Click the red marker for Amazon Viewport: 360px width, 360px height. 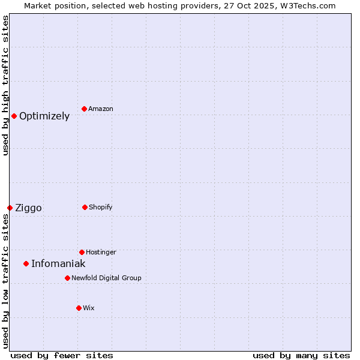[x=84, y=109]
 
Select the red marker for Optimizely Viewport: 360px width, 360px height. [x=14, y=116]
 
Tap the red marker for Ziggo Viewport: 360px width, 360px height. [x=10, y=208]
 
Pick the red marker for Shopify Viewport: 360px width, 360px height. [x=85, y=207]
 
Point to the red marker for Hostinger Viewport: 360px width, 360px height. [x=82, y=252]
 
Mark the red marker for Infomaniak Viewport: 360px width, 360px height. [x=26, y=263]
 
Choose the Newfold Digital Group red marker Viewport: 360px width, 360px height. [x=67, y=278]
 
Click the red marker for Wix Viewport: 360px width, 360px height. [x=79, y=308]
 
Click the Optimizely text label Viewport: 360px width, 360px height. [x=44, y=116]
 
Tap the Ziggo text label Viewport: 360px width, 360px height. [x=28, y=208]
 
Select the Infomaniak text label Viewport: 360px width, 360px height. [x=58, y=264]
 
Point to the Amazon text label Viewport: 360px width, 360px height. [x=101, y=109]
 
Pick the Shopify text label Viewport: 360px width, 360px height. [x=101, y=208]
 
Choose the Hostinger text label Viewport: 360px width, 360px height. [x=101, y=253]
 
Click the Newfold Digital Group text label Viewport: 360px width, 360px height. [x=106, y=278]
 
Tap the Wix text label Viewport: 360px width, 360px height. [x=89, y=308]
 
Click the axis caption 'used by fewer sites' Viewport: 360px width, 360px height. [x=62, y=356]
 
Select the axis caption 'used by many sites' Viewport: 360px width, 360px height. [x=301, y=356]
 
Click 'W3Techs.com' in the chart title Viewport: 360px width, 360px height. [x=310, y=6]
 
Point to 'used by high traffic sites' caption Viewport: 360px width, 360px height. [x=6, y=85]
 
